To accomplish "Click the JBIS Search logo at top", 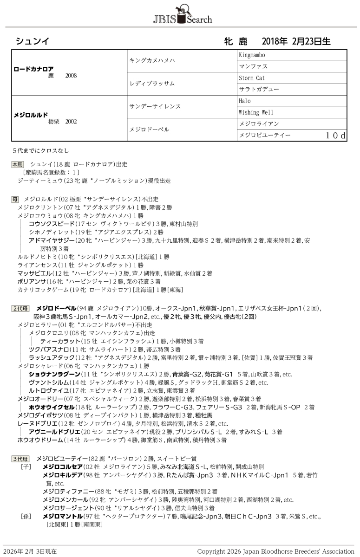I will point(182,14).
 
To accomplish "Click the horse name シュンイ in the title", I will point(32,41).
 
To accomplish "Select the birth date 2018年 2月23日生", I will point(296,41).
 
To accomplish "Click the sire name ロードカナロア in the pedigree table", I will point(33,68).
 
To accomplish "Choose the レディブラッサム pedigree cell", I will point(151,84).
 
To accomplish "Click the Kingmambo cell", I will point(252,55).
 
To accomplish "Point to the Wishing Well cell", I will point(256,112).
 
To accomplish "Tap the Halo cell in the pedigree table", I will point(244,101).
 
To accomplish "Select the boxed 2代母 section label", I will point(20,308).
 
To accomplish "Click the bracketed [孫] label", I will point(26,516).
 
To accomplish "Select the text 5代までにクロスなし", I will point(41,151).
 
